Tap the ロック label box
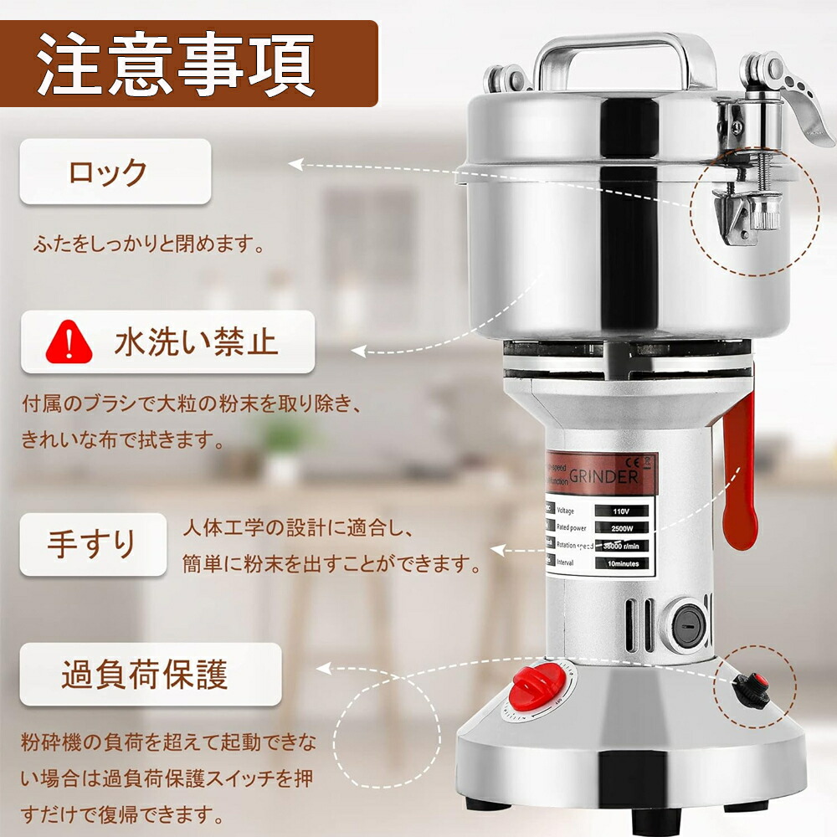pos(115,172)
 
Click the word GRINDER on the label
pos(603,476)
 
